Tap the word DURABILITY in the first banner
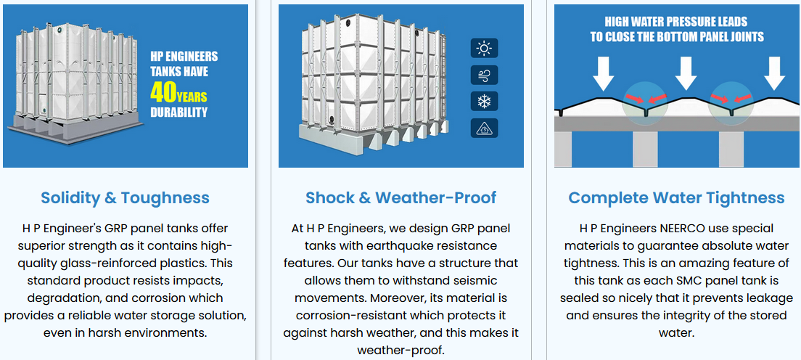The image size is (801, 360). pyautogui.click(x=178, y=112)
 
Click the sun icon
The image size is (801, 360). pyautogui.click(x=484, y=49)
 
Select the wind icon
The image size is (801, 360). pyautogui.click(x=484, y=75)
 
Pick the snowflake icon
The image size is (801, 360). pyautogui.click(x=484, y=102)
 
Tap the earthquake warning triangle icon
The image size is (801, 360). pyautogui.click(x=484, y=128)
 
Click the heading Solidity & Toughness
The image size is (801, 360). pyautogui.click(x=125, y=198)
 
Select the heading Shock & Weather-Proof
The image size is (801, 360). pyautogui.click(x=401, y=198)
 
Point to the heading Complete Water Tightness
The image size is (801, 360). pyautogui.click(x=676, y=198)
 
